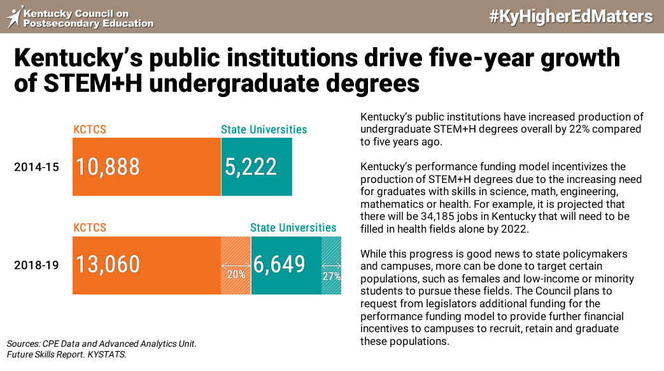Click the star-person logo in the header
[x=15, y=17]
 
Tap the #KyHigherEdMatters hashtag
[x=571, y=17]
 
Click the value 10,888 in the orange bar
[x=108, y=166]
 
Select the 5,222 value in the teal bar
[x=251, y=166]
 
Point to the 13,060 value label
[x=108, y=265]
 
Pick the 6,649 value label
[x=279, y=265]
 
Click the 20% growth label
[x=236, y=275]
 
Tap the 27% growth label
[x=332, y=277]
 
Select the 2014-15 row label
[x=36, y=167]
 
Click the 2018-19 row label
[x=36, y=265]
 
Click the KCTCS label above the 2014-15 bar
[x=90, y=129]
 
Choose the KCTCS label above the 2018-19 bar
[x=90, y=228]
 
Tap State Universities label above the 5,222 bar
[x=264, y=129]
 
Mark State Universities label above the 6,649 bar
[x=293, y=228]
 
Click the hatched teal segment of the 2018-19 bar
[x=331, y=265]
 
